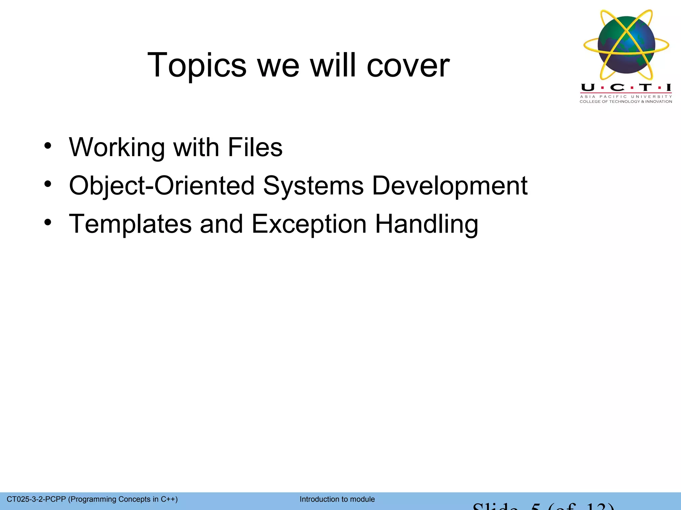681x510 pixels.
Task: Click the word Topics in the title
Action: click(x=197, y=66)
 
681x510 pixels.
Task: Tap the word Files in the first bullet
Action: click(x=255, y=147)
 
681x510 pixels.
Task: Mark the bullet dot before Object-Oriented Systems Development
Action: click(x=48, y=184)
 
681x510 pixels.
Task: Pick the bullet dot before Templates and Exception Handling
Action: click(x=48, y=222)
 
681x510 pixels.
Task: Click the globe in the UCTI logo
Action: click(x=626, y=45)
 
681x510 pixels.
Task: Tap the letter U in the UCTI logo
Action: click(x=588, y=88)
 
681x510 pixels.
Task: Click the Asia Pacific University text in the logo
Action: click(x=626, y=97)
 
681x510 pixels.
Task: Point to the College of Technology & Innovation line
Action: click(x=626, y=102)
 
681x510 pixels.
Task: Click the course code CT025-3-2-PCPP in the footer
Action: click(x=36, y=499)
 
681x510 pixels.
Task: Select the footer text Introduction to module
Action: click(x=337, y=499)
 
